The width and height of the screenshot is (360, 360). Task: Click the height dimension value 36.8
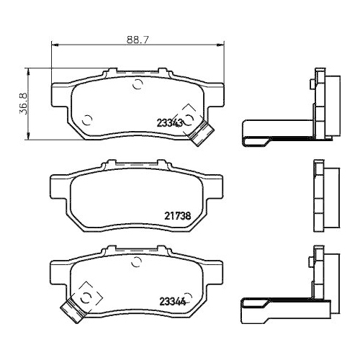coord(23,104)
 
